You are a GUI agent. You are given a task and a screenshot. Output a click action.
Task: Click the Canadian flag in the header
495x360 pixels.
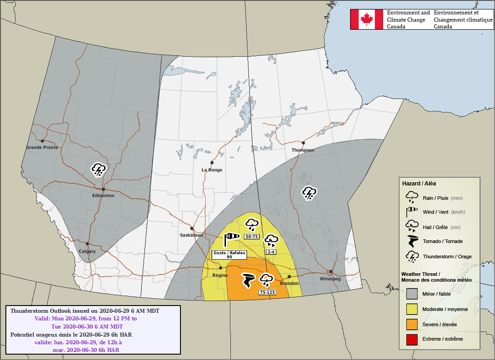coord(367,19)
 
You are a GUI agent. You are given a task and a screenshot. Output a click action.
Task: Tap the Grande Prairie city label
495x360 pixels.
coord(42,148)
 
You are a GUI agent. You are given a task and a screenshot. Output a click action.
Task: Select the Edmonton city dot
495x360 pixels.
coord(103,189)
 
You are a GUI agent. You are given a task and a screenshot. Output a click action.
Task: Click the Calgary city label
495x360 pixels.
coord(87,252)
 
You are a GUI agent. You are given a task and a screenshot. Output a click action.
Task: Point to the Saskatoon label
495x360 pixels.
coord(192,235)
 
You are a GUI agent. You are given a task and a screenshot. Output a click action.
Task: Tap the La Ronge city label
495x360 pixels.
coord(211,170)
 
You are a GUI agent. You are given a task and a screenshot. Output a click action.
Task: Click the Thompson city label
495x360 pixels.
coord(303,150)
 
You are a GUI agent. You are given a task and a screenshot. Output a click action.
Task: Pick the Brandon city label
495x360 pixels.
coord(289,283)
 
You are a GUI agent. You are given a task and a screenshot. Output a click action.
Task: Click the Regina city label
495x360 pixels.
coord(220,275)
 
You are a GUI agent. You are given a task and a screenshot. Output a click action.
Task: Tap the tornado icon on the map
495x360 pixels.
coord(248,280)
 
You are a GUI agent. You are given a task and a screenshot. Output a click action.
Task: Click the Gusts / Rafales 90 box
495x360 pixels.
coord(229,254)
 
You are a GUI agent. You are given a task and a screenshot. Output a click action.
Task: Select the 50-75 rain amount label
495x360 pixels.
coord(252,236)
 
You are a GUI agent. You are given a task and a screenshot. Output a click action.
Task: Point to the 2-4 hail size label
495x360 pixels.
coord(271,252)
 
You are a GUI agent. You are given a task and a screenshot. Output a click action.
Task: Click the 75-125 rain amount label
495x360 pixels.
coord(267,292)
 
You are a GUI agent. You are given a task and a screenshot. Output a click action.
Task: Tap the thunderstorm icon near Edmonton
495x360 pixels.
coord(99,170)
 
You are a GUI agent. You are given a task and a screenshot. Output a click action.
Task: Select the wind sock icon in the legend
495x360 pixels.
coord(412,212)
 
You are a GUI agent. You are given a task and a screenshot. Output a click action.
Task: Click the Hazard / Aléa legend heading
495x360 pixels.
coord(418,184)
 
